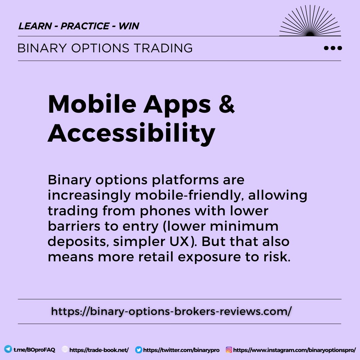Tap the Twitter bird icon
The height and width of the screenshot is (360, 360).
[x=139, y=350]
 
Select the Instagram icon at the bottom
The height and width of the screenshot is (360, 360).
[x=229, y=350]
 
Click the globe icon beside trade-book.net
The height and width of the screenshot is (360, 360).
[x=65, y=350]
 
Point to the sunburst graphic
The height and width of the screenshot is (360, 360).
[x=310, y=22]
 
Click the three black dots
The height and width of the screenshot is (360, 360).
[x=333, y=48]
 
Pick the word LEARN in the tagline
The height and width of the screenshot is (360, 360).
[x=34, y=26]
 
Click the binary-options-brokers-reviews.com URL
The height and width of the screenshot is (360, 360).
[x=171, y=311]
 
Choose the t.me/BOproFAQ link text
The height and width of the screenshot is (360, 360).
[x=34, y=350]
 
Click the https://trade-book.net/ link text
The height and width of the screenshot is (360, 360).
[x=99, y=350]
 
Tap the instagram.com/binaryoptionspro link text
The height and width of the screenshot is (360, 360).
[x=294, y=350]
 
